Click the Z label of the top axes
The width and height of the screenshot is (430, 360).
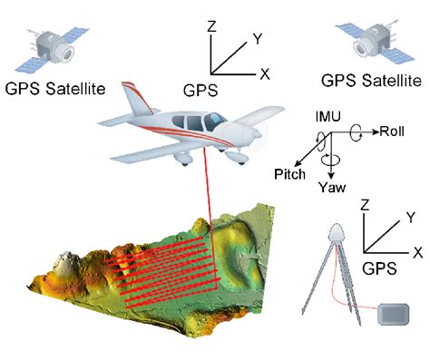pyautogui.click(x=211, y=27)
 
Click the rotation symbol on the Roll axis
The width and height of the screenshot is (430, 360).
pyautogui.click(x=361, y=131)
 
